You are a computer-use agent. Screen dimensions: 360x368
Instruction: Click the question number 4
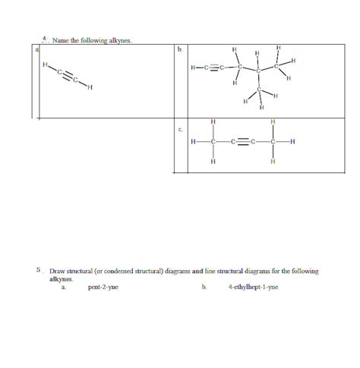click(45, 37)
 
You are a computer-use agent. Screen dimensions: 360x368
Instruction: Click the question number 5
click(37, 269)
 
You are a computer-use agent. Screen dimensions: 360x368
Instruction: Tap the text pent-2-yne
click(103, 288)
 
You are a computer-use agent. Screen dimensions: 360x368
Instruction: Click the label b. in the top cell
click(180, 49)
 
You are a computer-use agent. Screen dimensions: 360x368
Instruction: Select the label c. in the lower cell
click(180, 130)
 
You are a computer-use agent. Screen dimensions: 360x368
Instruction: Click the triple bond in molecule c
click(243, 142)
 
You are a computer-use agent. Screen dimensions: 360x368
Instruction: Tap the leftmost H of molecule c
click(194, 142)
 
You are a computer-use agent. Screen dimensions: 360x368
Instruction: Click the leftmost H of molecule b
click(194, 70)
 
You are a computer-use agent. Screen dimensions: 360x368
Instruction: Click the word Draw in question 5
click(58, 271)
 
